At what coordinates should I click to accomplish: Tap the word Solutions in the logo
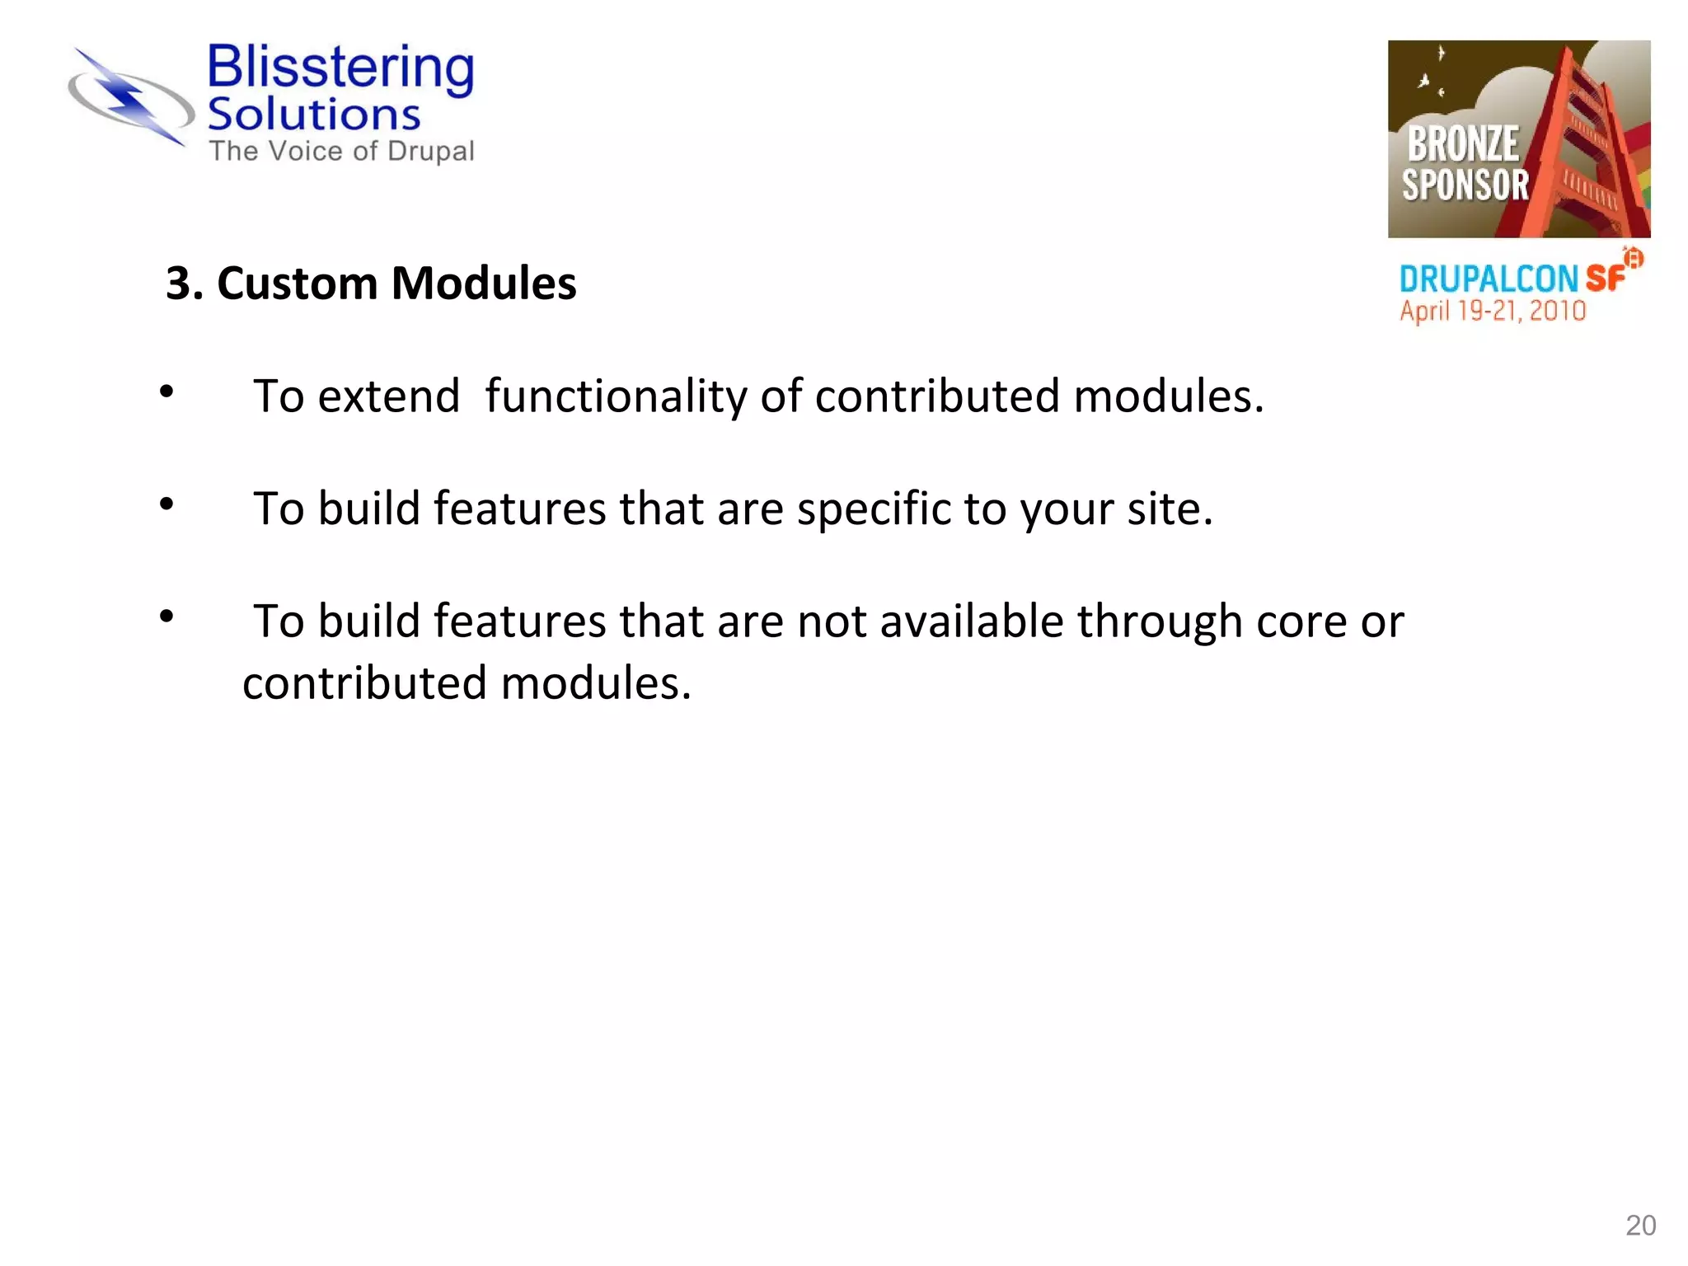[x=314, y=115]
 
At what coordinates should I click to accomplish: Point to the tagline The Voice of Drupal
[x=341, y=152]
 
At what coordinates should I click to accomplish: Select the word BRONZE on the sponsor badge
[x=1463, y=144]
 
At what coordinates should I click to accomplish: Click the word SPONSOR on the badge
[x=1465, y=185]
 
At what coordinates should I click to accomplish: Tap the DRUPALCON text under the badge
[x=1489, y=279]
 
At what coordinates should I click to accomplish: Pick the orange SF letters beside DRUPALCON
[x=1606, y=279]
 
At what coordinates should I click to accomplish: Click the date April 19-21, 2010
[x=1493, y=312]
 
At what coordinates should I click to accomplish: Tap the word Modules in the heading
[x=484, y=284]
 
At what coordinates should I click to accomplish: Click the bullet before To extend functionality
[x=166, y=392]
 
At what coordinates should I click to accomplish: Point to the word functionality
[x=616, y=397]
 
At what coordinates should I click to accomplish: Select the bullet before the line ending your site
[x=166, y=504]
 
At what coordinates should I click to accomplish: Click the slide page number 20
[x=1640, y=1226]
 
